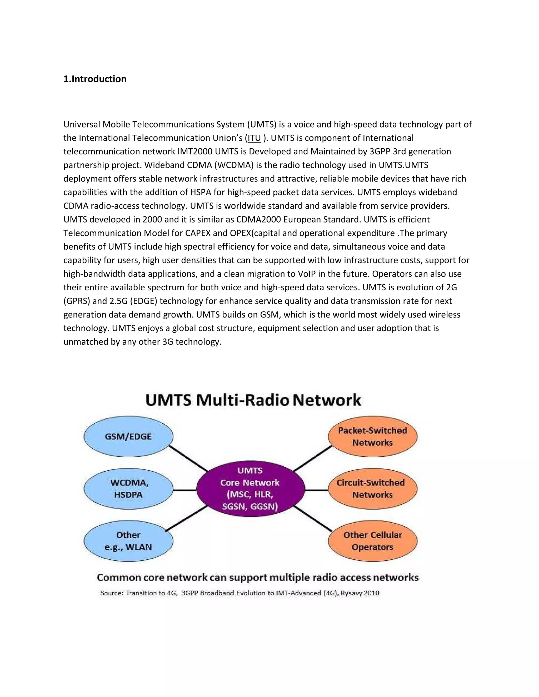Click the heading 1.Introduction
click(x=95, y=79)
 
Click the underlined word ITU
click(x=254, y=138)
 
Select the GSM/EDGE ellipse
click(x=128, y=436)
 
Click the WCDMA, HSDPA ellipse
click(x=128, y=489)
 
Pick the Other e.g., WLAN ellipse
click(x=128, y=541)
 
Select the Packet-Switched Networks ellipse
click(x=373, y=436)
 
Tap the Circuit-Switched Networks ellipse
click(x=373, y=489)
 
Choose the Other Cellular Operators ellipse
click(x=373, y=541)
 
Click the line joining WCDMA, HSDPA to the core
click(x=184, y=490)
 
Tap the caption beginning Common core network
click(x=257, y=577)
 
